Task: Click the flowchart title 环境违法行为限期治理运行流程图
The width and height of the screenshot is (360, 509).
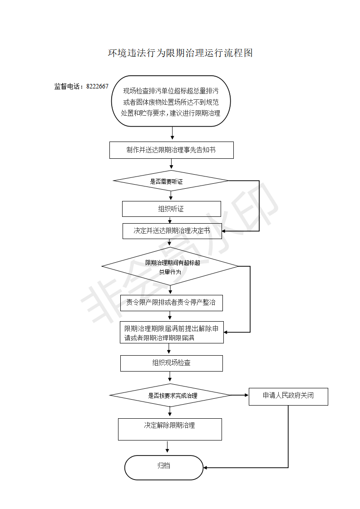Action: (x=180, y=53)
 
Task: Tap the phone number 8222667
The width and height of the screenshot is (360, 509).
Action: (x=97, y=86)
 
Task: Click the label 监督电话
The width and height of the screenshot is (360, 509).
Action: (x=67, y=86)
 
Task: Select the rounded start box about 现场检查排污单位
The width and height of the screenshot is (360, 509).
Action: (x=171, y=101)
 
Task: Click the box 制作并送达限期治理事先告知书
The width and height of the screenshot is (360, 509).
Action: (x=172, y=150)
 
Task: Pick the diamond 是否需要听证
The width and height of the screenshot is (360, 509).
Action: (x=171, y=181)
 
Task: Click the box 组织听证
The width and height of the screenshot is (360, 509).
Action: (x=172, y=209)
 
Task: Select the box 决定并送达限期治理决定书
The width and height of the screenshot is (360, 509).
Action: (x=172, y=231)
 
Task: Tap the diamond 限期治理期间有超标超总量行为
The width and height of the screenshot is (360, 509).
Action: (x=170, y=266)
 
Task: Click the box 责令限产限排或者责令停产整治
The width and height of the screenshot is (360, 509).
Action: (x=172, y=303)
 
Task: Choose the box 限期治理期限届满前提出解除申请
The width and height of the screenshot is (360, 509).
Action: (x=172, y=333)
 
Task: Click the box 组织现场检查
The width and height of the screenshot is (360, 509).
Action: (x=172, y=363)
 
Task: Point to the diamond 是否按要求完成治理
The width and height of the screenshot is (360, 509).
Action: (x=170, y=396)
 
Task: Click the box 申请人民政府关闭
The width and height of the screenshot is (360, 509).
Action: (x=289, y=396)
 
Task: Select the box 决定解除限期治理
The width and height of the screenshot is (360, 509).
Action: (x=170, y=429)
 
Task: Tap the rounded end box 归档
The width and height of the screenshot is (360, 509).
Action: (x=164, y=467)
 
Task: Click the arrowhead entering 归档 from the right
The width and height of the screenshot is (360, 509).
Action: (x=205, y=468)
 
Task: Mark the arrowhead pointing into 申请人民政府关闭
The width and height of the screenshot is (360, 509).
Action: (x=247, y=395)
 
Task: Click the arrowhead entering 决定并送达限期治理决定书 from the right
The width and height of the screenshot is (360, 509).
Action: (x=224, y=231)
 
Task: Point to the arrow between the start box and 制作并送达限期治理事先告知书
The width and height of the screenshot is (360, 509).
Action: (x=172, y=133)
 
